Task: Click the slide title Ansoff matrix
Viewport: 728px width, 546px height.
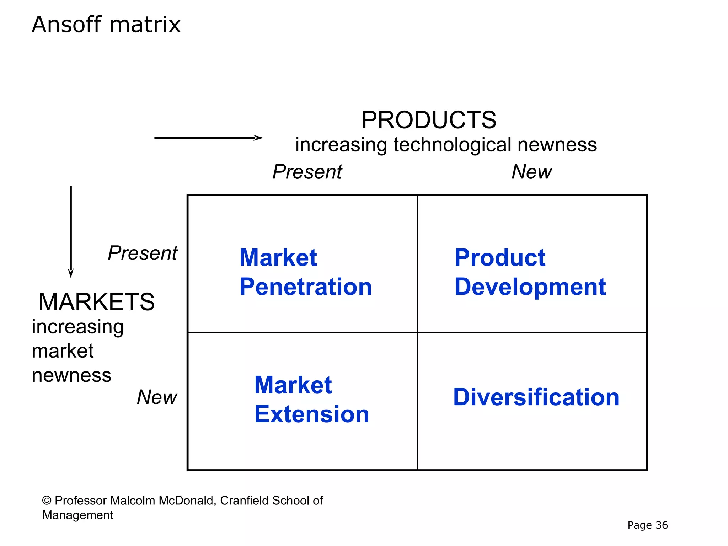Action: tap(106, 25)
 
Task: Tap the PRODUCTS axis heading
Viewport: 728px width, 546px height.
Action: tap(429, 120)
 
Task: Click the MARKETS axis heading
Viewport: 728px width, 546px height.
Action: tap(96, 302)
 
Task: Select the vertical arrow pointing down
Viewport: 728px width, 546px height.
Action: tap(71, 231)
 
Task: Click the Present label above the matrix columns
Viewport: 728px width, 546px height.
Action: tap(307, 172)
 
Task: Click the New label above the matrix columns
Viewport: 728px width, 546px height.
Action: tap(531, 172)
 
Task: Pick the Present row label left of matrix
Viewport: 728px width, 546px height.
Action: tap(142, 253)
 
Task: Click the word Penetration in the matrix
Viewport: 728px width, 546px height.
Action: tap(306, 287)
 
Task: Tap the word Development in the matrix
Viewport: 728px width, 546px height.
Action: tap(530, 287)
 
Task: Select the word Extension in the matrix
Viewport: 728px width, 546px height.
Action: tap(312, 414)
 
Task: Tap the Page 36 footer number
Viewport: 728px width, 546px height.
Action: tap(647, 525)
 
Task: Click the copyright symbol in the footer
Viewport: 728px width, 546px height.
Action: tap(47, 500)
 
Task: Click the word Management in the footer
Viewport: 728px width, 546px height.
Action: tap(77, 515)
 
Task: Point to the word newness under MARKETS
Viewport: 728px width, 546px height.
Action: tap(71, 375)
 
